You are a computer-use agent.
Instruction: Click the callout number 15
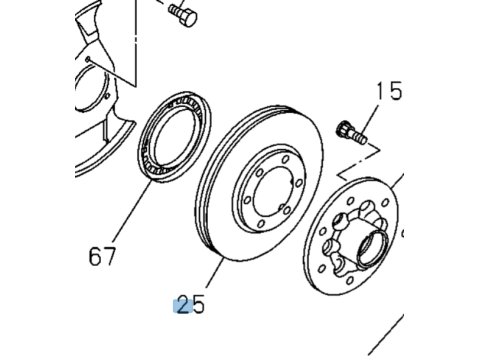[389, 91]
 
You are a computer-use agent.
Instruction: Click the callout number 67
[102, 256]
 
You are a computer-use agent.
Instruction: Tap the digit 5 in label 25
[199, 305]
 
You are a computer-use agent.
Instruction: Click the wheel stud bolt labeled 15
[352, 133]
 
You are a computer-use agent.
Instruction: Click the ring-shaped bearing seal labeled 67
[175, 137]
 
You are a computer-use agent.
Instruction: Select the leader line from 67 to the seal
[133, 210]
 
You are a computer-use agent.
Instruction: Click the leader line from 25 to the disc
[215, 272]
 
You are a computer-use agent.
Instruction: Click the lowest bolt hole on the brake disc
[261, 223]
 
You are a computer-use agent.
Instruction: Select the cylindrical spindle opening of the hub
[373, 248]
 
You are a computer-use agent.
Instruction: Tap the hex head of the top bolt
[189, 17]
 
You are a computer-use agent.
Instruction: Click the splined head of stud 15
[343, 129]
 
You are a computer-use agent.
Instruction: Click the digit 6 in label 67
[95, 256]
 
